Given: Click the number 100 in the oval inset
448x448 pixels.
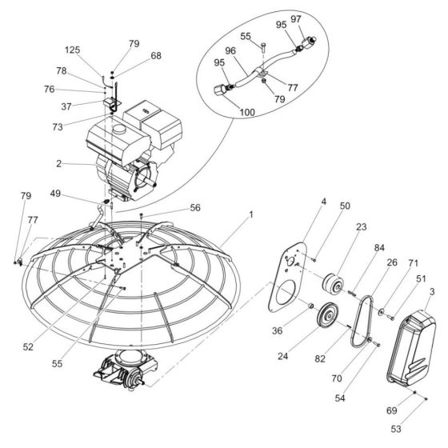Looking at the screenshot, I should (x=246, y=114).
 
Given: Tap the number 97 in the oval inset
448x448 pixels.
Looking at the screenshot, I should (x=318, y=18).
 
